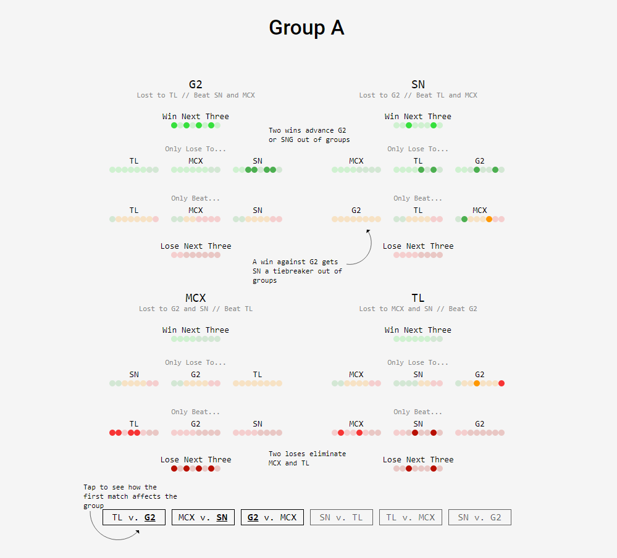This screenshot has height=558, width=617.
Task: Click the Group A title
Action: point(306,28)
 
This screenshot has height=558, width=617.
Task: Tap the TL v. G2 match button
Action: point(134,517)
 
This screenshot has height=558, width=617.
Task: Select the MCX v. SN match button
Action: point(203,517)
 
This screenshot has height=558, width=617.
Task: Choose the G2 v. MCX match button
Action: point(272,517)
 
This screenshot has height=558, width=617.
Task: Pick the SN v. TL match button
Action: point(342,517)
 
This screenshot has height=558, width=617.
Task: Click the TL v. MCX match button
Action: point(411,517)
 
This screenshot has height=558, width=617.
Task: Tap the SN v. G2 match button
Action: point(480,517)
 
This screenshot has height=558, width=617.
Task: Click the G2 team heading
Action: point(196,85)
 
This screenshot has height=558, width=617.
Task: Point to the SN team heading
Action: point(418,85)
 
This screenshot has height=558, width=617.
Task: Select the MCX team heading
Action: point(196,298)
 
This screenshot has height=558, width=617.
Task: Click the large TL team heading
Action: point(418,298)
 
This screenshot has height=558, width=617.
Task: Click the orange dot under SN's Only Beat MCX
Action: point(489,219)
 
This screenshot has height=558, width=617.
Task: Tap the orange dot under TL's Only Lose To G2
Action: point(477,383)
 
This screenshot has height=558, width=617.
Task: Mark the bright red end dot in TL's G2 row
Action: point(502,383)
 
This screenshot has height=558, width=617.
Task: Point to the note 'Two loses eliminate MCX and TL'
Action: point(307,458)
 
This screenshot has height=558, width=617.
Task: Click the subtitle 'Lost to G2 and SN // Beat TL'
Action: point(196,309)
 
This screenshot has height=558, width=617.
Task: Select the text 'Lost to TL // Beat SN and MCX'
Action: point(196,95)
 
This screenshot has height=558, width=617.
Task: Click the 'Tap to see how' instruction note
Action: point(130,496)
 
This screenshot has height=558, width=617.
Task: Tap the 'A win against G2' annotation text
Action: point(296,271)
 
